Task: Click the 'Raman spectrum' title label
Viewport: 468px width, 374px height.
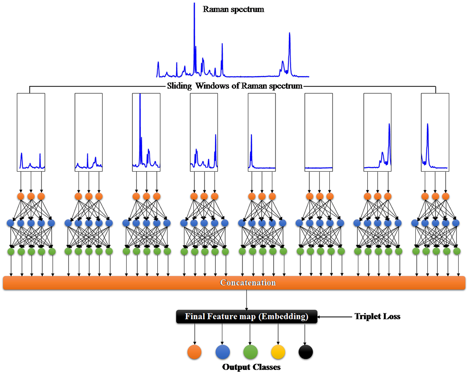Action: (x=234, y=9)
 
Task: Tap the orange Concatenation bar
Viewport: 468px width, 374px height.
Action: (x=234, y=283)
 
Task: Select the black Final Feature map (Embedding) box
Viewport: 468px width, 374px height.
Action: (x=246, y=317)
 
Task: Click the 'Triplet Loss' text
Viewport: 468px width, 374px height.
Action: (x=378, y=316)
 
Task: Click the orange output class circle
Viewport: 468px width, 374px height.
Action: (x=195, y=352)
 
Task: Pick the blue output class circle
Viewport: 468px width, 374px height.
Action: (x=222, y=352)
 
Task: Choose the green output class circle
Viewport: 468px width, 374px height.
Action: (x=250, y=352)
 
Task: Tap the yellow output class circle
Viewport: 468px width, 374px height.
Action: (x=278, y=352)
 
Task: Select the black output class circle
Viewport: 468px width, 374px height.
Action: (x=305, y=352)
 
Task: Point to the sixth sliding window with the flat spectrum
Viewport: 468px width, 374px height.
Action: (x=319, y=132)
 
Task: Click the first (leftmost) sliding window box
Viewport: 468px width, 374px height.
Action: (x=31, y=132)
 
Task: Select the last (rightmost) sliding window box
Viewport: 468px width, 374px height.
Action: (x=435, y=132)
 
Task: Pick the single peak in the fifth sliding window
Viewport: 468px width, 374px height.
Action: (x=251, y=147)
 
